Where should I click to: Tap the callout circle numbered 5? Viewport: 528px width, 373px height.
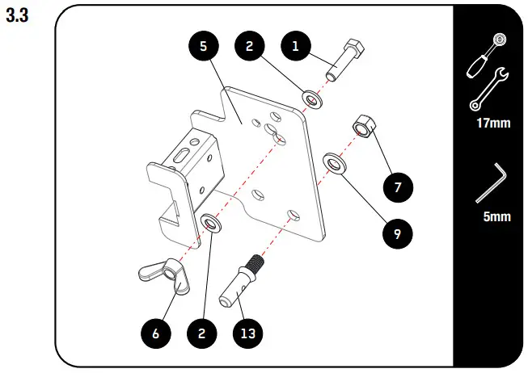(203, 47)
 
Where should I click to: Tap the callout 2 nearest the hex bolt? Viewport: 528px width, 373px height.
(250, 47)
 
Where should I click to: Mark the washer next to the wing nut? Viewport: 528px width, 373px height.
(212, 222)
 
